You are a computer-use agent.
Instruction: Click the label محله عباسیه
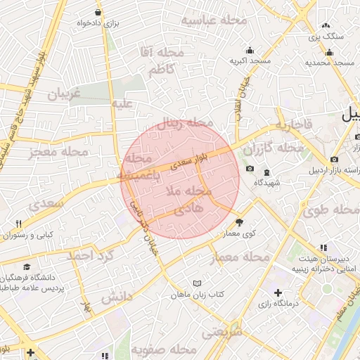tap(214, 20)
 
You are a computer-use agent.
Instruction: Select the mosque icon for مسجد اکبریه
tap(250, 50)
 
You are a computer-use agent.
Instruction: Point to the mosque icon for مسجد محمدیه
tap(328, 51)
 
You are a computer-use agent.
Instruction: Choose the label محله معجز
tap(60, 151)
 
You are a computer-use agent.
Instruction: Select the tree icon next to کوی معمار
tap(239, 221)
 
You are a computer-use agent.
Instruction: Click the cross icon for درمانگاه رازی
tap(278, 292)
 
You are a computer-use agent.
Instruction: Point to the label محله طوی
tap(331, 210)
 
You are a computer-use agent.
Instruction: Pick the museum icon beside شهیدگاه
tap(266, 172)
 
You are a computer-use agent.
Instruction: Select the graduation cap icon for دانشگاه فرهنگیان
tap(27, 267)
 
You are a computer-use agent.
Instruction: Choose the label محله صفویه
tap(172, 349)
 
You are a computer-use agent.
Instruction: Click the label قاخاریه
tap(293, 126)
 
